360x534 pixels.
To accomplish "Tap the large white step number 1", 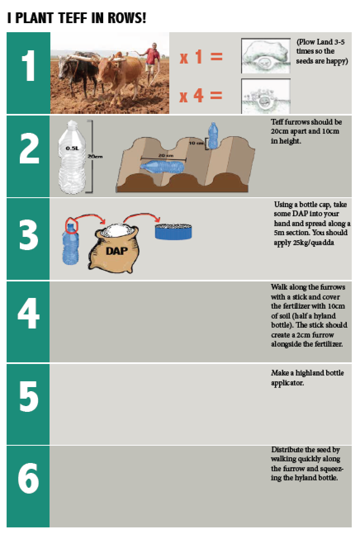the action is (28, 66).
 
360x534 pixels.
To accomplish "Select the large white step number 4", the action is (28, 313).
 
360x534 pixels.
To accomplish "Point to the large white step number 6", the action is (28, 478).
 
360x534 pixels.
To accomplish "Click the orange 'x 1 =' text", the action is (201, 57).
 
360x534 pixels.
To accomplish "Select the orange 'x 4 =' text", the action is (201, 95).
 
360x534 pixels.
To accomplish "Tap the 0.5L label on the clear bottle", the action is (72, 148).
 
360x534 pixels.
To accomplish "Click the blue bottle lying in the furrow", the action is (163, 166).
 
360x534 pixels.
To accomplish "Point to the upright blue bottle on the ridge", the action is (213, 136).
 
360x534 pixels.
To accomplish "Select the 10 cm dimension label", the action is (197, 143).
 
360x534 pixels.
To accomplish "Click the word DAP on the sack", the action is (116, 251).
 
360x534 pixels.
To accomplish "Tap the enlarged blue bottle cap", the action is (173, 232).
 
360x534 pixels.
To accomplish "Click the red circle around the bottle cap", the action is (71, 225).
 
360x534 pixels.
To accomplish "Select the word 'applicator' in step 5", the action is (287, 383).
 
